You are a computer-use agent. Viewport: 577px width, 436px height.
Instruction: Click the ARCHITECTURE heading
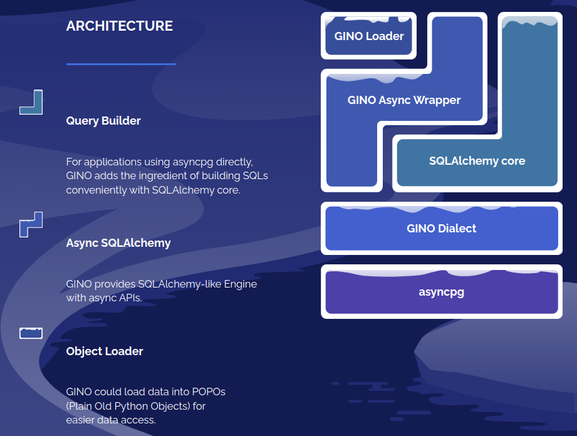(119, 26)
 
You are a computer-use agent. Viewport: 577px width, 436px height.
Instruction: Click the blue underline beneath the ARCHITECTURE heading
(121, 64)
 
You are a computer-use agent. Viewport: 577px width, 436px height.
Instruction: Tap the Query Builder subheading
(103, 121)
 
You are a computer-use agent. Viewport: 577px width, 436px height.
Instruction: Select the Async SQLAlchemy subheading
(118, 243)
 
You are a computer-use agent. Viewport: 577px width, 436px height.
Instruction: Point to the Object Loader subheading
(105, 351)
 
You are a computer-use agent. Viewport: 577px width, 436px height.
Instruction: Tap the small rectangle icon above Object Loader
(31, 333)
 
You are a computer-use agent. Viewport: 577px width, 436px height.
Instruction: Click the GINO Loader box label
(369, 36)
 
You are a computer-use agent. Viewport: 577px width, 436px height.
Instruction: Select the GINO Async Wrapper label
(403, 100)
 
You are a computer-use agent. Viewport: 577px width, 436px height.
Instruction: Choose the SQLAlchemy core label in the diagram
(477, 161)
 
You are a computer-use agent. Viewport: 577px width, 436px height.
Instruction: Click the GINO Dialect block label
(441, 229)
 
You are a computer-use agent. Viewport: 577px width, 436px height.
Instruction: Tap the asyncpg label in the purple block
(441, 292)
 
